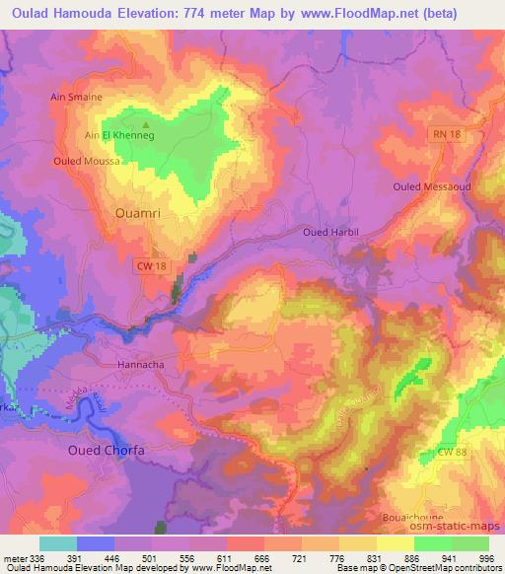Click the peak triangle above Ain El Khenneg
147,125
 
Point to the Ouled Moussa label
82,160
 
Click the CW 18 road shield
148,266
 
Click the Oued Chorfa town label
106,450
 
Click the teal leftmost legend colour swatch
57,543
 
